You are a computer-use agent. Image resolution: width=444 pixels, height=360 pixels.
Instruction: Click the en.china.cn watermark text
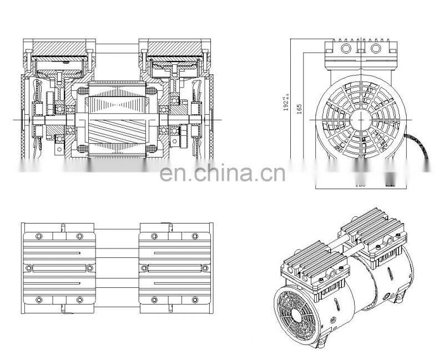tap(222, 173)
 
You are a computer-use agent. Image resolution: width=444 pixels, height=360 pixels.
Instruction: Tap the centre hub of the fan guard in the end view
tap(356, 118)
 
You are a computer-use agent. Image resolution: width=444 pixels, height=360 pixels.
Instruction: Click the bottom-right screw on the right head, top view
tap(196, 300)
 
